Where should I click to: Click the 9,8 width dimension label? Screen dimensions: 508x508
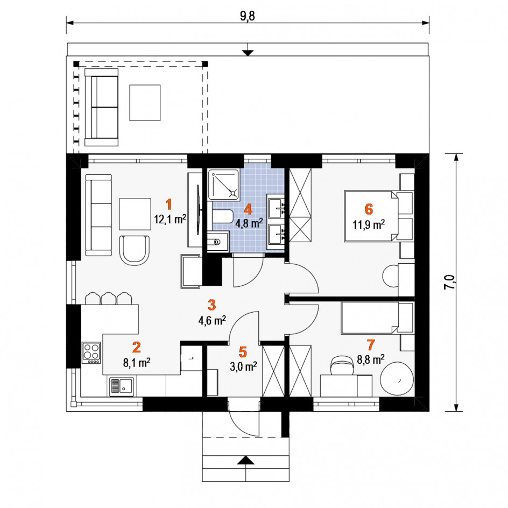tap(248, 16)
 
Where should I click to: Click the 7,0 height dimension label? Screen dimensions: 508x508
tap(449, 282)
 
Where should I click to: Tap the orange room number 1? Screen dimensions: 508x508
tap(168, 204)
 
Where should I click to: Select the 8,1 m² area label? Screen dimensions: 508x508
tap(136, 363)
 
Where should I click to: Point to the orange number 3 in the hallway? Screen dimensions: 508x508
tap(211, 305)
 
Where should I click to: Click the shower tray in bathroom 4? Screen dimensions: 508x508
tap(223, 185)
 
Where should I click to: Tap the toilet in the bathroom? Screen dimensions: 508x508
tap(223, 216)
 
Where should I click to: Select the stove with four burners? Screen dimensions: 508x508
tap(91, 353)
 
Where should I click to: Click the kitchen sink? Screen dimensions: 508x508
tap(122, 387)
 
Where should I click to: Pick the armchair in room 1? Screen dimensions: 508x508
tap(135, 250)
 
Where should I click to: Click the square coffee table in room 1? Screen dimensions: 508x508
tap(135, 214)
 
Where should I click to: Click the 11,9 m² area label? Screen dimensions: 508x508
tap(369, 224)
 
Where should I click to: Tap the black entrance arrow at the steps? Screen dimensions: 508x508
tap(246, 460)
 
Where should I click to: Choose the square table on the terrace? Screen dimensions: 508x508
tap(145, 103)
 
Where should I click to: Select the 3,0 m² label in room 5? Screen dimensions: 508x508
tap(243, 367)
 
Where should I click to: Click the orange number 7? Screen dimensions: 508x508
tap(371, 345)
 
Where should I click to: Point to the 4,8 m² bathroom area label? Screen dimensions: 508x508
tap(249, 223)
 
